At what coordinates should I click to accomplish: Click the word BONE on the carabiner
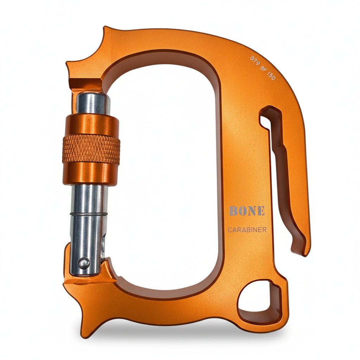point(247,211)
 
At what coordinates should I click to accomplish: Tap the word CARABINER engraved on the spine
point(247,230)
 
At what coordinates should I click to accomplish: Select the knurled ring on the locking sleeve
point(91,149)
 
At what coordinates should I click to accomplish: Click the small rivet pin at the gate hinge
point(84,263)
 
